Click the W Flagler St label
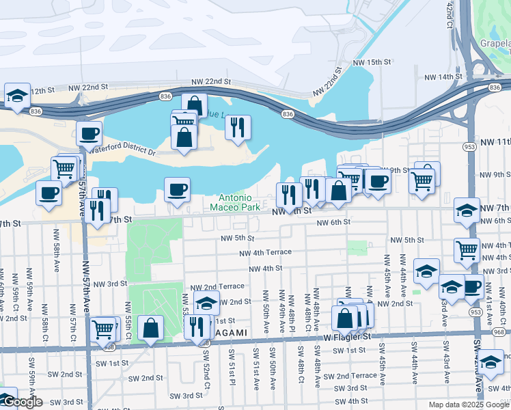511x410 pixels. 347,336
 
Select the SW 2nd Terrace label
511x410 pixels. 350,376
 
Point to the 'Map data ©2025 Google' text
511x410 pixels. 468,404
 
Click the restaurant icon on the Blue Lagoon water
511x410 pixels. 238,127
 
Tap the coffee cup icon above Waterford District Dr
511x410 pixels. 89,134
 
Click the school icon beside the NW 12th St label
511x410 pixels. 17,96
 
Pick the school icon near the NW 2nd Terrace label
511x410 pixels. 206,303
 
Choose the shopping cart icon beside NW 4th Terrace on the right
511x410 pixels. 467,250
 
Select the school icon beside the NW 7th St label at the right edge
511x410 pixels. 467,210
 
